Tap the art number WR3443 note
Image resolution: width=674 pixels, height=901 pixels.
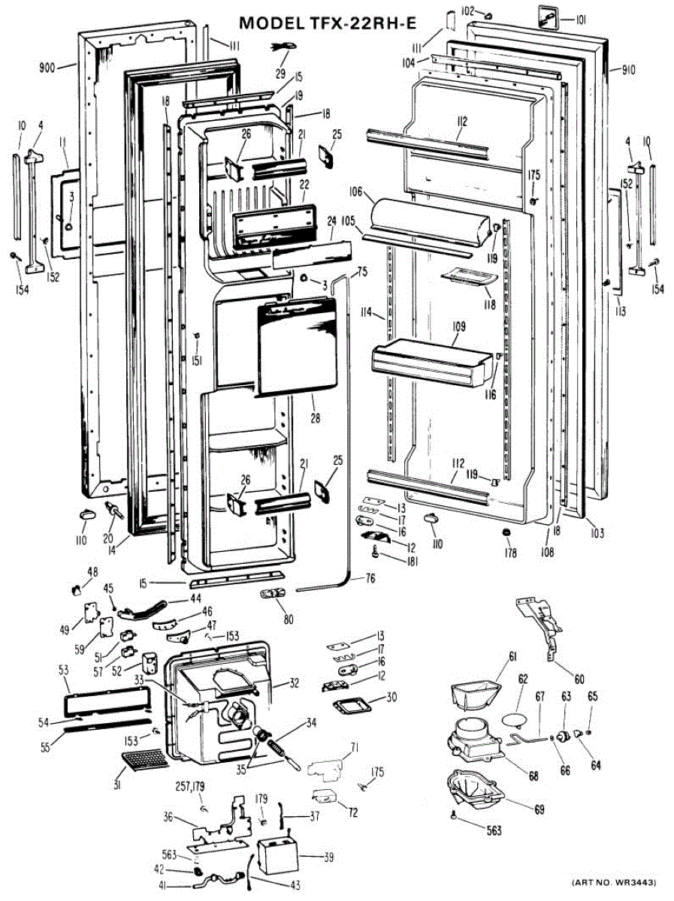point(614,881)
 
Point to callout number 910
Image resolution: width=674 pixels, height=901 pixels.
point(629,70)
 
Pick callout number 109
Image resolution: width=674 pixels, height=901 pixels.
point(459,327)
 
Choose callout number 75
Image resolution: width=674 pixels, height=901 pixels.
point(361,270)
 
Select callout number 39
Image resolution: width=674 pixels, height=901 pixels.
point(329,857)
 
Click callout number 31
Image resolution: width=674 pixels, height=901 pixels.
point(118,785)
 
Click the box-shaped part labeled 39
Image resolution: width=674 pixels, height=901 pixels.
point(277,857)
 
